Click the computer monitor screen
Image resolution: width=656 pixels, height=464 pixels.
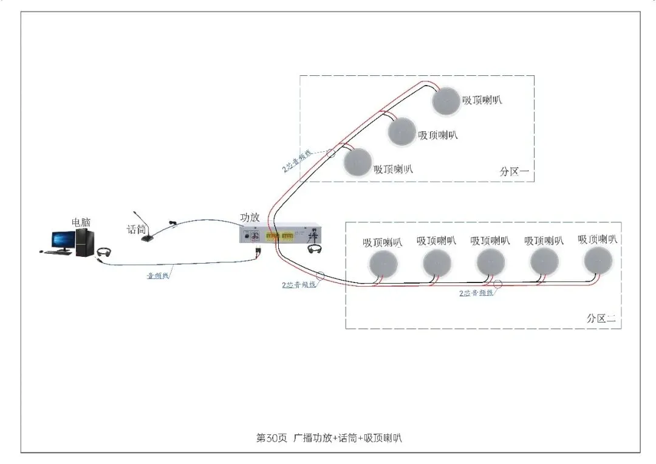pos(63,240)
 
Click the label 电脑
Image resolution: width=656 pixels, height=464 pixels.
pos(81,222)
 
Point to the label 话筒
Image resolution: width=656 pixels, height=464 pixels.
pos(136,230)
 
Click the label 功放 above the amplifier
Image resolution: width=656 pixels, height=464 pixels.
pos(250,217)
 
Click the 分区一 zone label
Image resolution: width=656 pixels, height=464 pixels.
pos(514,172)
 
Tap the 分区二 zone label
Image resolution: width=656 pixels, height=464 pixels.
pos(601,318)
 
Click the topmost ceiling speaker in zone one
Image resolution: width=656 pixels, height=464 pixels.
pos(447,101)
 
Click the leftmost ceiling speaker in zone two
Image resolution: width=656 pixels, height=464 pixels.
pos(383,263)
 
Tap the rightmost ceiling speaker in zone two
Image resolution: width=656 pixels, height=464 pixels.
pos(598,261)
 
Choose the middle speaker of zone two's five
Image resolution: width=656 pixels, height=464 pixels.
pos(491,263)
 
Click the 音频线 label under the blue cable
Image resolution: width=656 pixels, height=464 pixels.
pos(159,276)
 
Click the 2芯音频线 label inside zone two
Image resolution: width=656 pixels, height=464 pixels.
pos(477,293)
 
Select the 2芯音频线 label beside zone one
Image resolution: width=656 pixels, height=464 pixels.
pos(298,161)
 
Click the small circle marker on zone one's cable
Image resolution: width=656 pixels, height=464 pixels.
pos(331,153)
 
